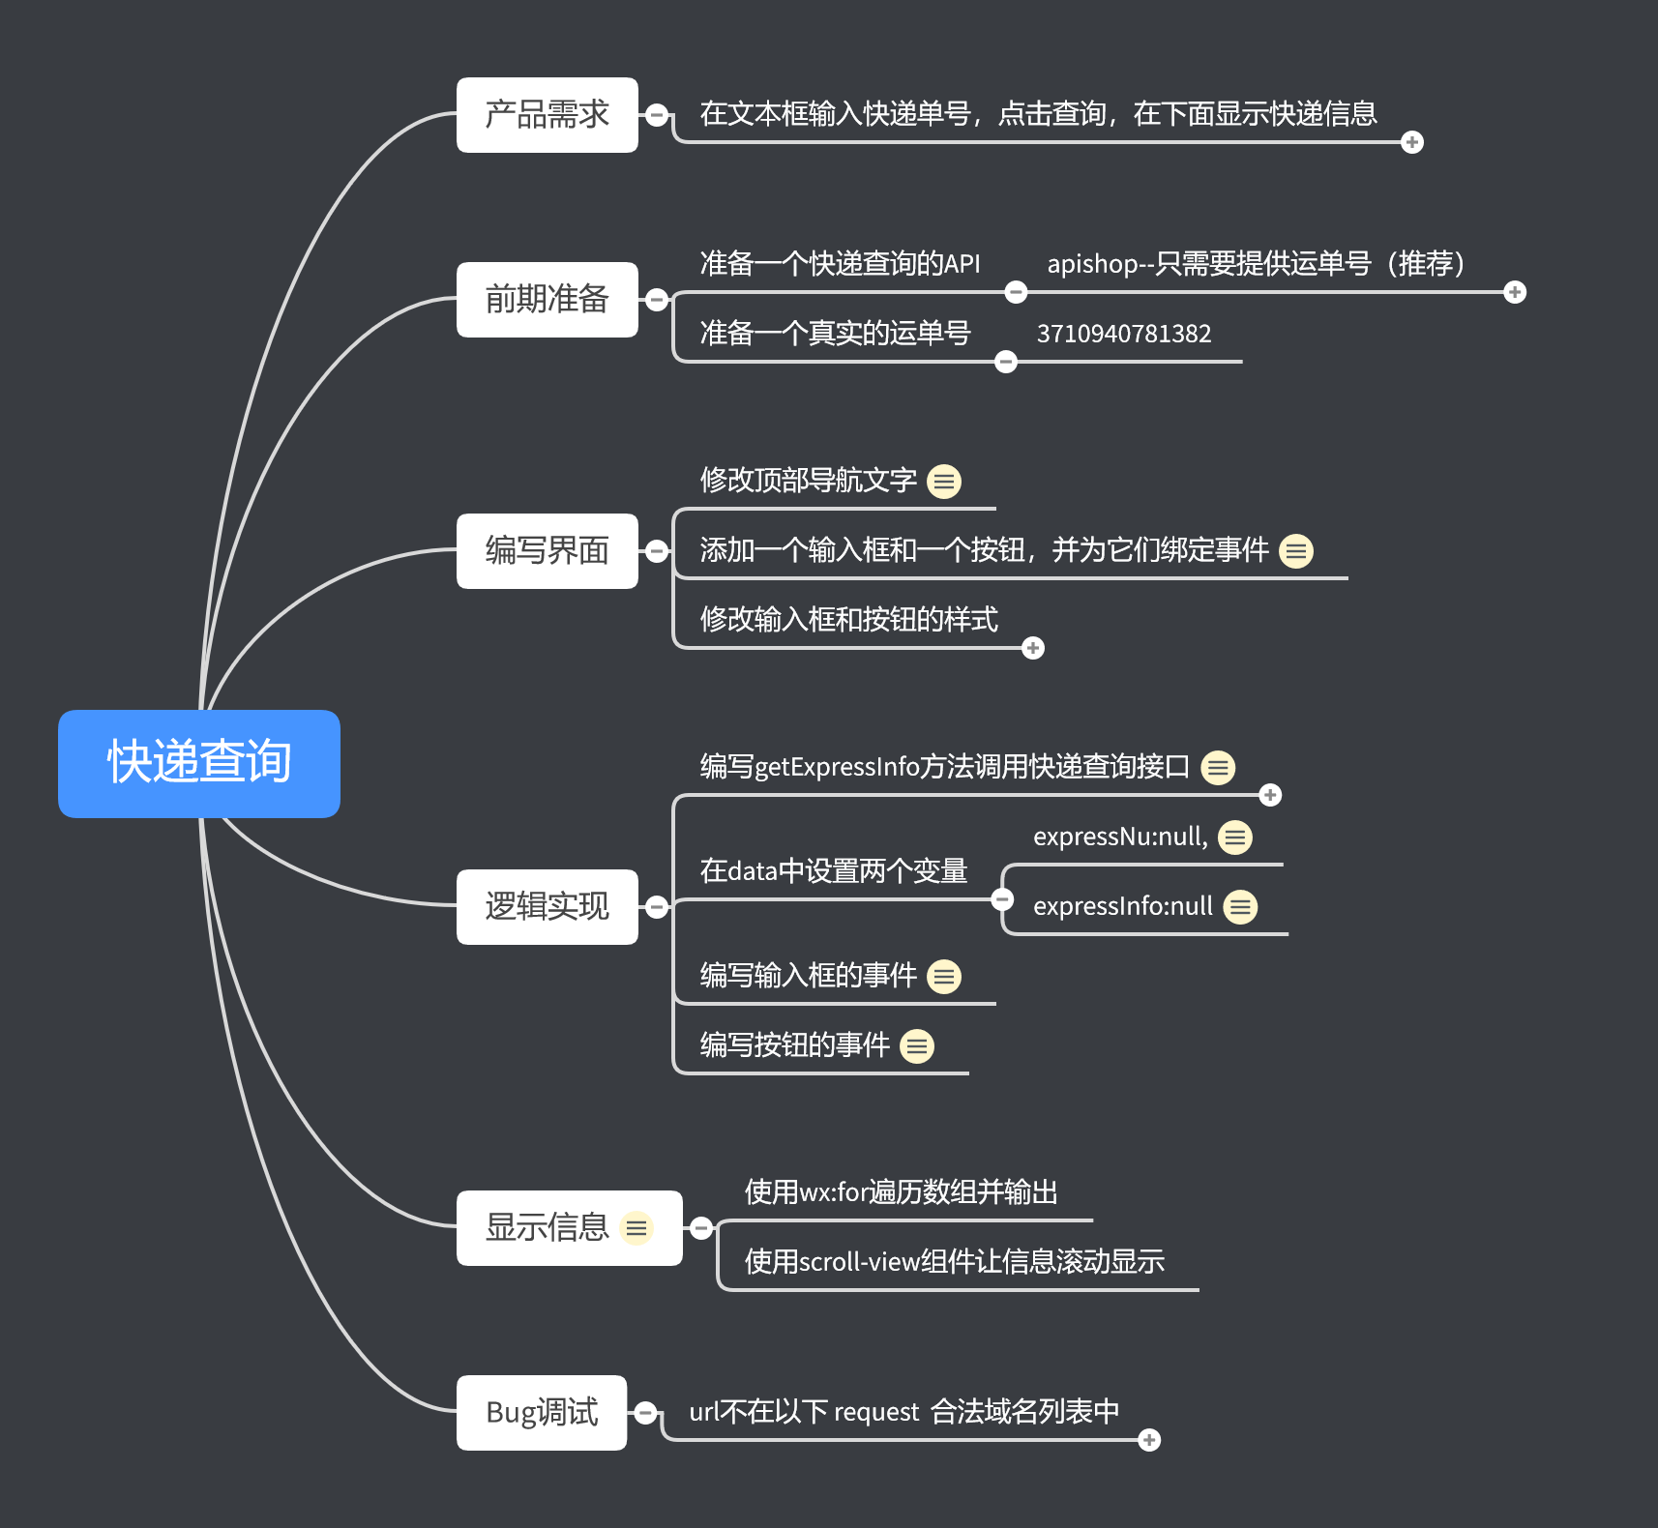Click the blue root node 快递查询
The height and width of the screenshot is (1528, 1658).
click(199, 763)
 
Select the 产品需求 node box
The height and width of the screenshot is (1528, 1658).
click(548, 115)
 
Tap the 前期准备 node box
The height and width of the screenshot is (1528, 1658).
click(548, 300)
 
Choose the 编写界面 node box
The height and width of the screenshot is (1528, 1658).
click(548, 551)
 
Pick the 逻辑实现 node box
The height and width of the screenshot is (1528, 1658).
click(548, 907)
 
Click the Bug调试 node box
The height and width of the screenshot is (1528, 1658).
click(542, 1413)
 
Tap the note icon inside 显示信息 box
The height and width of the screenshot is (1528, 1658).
click(637, 1228)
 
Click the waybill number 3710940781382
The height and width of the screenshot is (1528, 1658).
click(1124, 334)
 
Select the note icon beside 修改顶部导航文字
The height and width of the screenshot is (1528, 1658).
click(944, 481)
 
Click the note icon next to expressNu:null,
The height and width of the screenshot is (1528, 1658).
click(1235, 837)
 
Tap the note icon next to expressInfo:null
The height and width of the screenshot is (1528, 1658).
click(1241, 906)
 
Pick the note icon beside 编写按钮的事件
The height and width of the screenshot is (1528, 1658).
click(917, 1045)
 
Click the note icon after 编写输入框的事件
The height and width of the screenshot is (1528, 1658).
click(944, 976)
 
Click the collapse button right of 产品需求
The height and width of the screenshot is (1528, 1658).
click(657, 115)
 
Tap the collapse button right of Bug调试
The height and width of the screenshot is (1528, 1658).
click(646, 1413)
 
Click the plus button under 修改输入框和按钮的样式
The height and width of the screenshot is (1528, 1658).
click(1033, 648)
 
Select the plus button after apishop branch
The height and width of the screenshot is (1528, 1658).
click(1515, 292)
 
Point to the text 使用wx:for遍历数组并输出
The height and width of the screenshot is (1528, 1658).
click(902, 1191)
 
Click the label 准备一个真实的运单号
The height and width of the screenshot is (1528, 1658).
click(836, 334)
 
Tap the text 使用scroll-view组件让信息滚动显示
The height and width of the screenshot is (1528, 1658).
click(955, 1261)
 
